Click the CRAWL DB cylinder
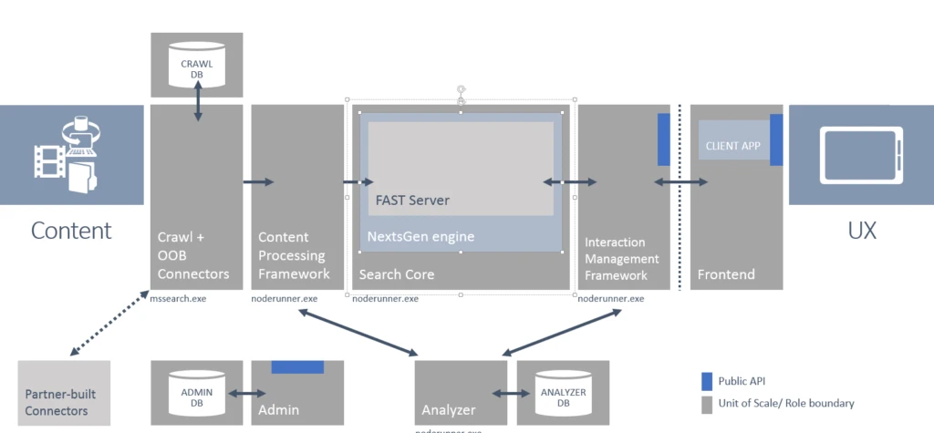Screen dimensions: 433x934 tap(196, 65)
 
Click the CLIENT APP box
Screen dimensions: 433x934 tap(733, 144)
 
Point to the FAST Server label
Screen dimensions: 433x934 tap(412, 200)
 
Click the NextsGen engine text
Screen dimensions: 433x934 tap(420, 237)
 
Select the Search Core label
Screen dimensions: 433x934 tap(397, 274)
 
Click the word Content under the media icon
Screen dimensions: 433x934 tap(71, 230)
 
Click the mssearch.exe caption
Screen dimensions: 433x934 tap(179, 298)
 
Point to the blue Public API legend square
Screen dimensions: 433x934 tap(706, 381)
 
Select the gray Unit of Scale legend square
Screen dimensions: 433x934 tap(706, 402)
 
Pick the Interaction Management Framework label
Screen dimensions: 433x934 tap(615, 259)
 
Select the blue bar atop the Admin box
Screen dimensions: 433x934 tap(297, 366)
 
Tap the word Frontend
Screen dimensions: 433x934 tap(726, 274)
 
